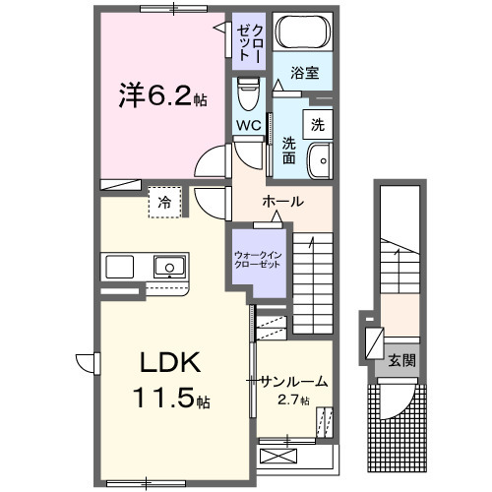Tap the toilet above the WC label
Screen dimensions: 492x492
(x=248, y=95)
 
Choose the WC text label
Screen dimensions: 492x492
(x=248, y=127)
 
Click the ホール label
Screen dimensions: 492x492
(x=282, y=201)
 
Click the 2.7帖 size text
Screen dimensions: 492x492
(x=292, y=400)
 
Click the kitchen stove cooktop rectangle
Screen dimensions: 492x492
(x=119, y=267)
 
